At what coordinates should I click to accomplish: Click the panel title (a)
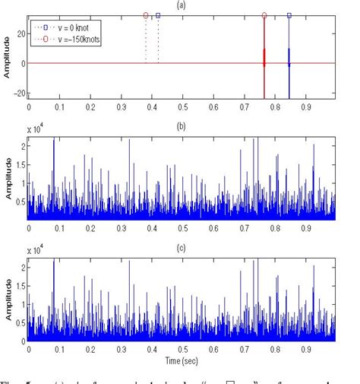pyautogui.click(x=180, y=5)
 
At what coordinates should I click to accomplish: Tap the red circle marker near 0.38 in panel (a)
pyautogui.click(x=146, y=15)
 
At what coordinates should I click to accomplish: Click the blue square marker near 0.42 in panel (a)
pyautogui.click(x=158, y=15)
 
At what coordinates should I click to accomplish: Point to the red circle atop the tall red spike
pyautogui.click(x=264, y=15)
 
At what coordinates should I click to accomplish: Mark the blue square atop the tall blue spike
pyautogui.click(x=289, y=15)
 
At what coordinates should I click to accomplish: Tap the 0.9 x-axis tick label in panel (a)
pyautogui.click(x=308, y=107)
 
